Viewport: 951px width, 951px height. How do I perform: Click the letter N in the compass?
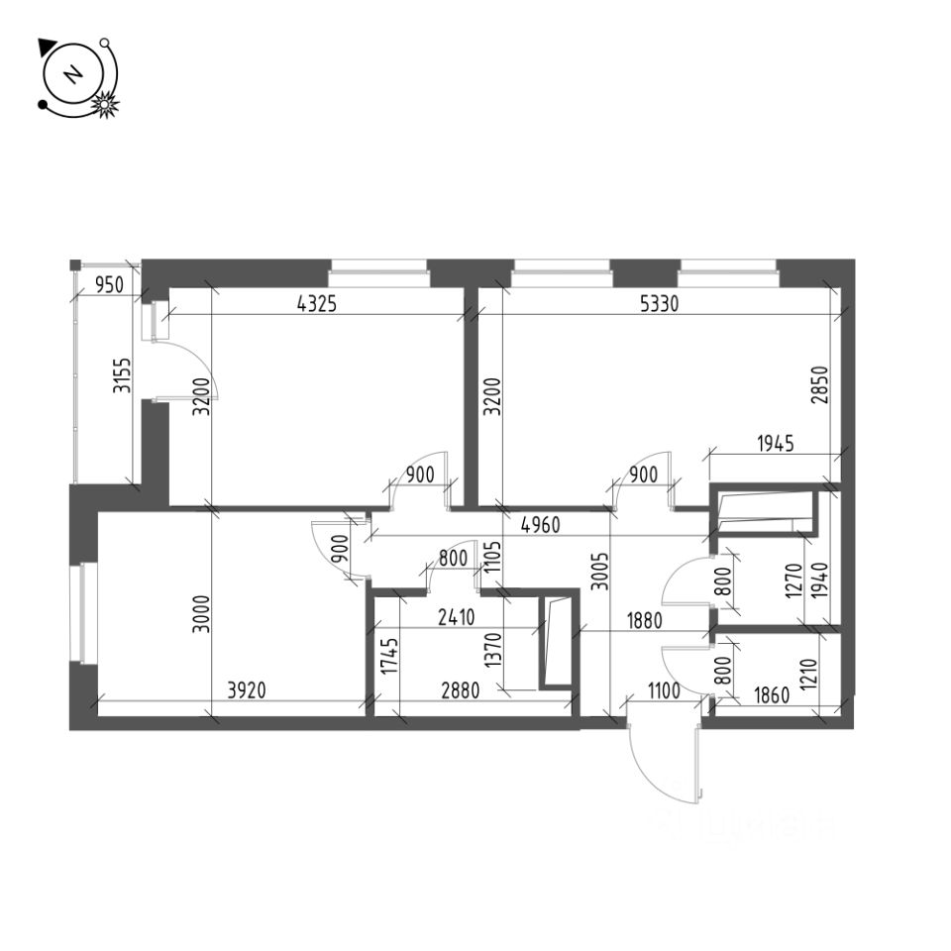coord(71,75)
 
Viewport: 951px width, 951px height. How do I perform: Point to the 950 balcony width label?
coord(108,286)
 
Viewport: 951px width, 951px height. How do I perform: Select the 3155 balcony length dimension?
coord(121,375)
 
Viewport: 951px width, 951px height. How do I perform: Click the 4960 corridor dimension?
coord(539,525)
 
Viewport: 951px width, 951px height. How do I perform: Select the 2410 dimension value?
coord(455,618)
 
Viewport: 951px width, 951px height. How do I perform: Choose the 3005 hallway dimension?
coord(596,571)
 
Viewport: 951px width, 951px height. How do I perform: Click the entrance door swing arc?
coord(642,768)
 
